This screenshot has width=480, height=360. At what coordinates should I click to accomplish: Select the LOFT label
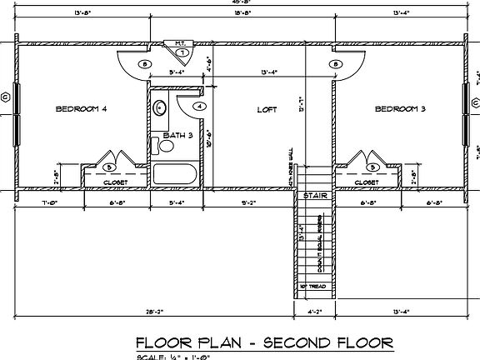click(266, 109)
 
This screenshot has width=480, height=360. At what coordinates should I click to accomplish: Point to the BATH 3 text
click(177, 134)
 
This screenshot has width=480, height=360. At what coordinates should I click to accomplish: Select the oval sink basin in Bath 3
click(160, 107)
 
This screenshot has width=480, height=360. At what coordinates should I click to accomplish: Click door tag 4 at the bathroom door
click(200, 107)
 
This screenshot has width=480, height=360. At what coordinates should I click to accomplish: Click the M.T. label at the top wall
click(180, 42)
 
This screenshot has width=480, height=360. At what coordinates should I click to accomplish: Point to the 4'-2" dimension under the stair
click(313, 312)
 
